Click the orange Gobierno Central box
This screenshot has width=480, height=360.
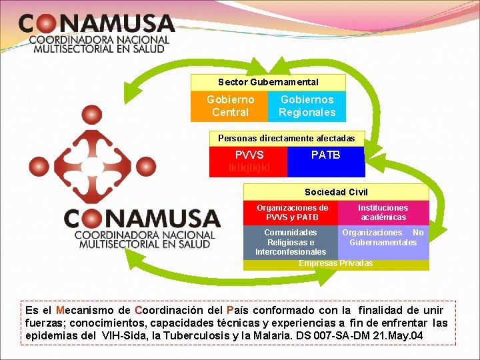pos(230,106)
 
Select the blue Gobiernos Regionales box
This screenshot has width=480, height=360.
pos(307,106)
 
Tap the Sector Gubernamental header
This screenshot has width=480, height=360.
pos(268,82)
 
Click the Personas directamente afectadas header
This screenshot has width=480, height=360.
pos(287,138)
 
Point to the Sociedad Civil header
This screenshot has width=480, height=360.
pos(336,192)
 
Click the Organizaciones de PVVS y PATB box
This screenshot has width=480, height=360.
pos(292,213)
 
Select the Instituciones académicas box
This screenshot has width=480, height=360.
pos(383,213)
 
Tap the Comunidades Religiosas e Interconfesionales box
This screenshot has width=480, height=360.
pos(291,242)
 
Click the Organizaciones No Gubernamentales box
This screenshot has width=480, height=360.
pos(383,237)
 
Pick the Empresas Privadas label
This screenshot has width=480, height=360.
pos(335,263)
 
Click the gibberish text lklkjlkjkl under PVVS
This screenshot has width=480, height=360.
pos(249,167)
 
